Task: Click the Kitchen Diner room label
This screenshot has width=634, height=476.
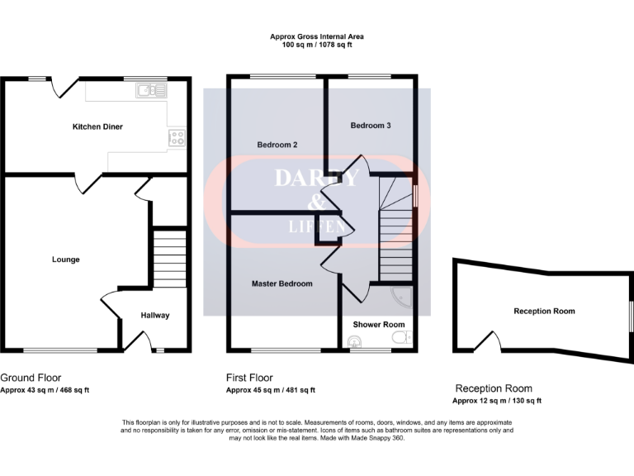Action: click(97, 126)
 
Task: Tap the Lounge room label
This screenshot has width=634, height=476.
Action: click(66, 259)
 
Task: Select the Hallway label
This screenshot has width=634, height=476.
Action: click(154, 315)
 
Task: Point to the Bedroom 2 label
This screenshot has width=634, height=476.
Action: click(277, 145)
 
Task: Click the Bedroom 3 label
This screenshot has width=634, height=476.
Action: click(371, 126)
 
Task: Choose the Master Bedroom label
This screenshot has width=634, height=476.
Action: click(282, 283)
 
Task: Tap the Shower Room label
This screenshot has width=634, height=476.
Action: click(378, 325)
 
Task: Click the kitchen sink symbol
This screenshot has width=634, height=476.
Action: click(151, 91)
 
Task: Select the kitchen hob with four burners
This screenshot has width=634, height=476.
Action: click(177, 138)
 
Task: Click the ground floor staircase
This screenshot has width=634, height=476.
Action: click(171, 257)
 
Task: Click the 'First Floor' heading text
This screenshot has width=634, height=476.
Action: click(249, 378)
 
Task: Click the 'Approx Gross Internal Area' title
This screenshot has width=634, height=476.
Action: click(317, 36)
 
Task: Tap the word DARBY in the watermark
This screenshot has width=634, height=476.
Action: click(316, 178)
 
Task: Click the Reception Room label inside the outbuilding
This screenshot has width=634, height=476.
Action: click(544, 311)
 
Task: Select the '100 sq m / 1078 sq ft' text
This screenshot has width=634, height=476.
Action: click(317, 46)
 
